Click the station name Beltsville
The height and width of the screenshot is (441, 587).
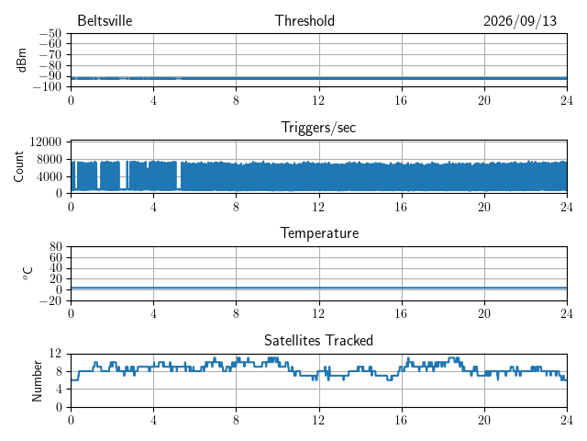(x=105, y=20)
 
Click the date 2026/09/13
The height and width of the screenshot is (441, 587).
(x=520, y=21)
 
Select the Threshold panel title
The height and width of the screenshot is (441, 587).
(x=305, y=20)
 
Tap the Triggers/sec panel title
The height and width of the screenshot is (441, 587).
(x=318, y=128)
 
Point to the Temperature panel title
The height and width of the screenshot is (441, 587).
(x=319, y=232)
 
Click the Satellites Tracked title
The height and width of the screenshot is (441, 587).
(x=318, y=340)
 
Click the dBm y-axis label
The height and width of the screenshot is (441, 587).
(x=21, y=60)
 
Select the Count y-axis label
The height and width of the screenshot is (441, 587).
(x=18, y=166)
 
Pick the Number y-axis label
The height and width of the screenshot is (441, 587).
(x=37, y=380)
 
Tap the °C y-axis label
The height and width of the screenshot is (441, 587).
(x=28, y=274)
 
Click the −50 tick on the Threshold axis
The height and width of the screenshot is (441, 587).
(x=50, y=33)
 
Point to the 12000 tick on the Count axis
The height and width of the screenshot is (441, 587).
(x=45, y=141)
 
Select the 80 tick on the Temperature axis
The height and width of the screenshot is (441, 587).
(x=55, y=246)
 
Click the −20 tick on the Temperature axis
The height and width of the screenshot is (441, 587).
(x=50, y=300)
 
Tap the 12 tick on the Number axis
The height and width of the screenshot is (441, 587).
(x=55, y=353)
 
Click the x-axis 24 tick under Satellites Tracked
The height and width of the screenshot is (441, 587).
(x=567, y=420)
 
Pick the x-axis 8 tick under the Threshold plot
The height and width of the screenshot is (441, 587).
(x=236, y=100)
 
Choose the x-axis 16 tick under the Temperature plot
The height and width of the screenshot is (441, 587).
(x=402, y=313)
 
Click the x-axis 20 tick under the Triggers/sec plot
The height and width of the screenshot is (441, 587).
(x=484, y=207)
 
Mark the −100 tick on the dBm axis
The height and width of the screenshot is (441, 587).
(x=47, y=86)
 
